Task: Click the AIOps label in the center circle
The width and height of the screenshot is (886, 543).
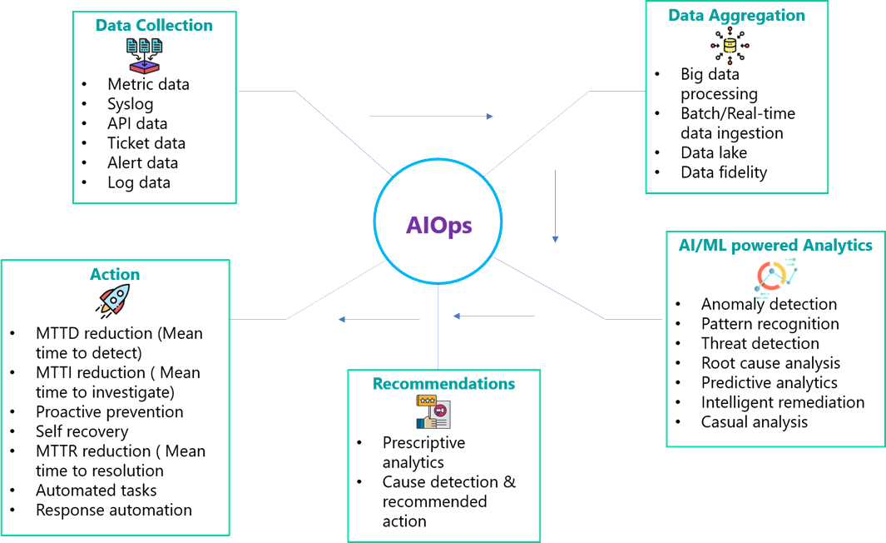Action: click(x=439, y=226)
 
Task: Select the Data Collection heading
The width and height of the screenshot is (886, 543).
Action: click(x=154, y=26)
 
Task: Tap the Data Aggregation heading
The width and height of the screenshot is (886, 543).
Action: click(x=736, y=16)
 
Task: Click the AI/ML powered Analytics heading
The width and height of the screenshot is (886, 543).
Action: click(x=775, y=245)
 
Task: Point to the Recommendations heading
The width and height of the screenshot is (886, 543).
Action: click(x=443, y=384)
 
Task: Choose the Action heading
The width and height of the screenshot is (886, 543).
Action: click(x=115, y=274)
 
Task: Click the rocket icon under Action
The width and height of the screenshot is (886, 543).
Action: click(x=114, y=300)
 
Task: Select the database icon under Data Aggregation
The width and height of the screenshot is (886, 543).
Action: click(x=730, y=46)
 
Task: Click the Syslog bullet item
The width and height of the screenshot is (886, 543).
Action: click(x=130, y=104)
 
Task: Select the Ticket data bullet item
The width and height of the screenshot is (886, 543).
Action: click(x=146, y=143)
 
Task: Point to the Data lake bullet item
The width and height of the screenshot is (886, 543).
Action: click(x=713, y=152)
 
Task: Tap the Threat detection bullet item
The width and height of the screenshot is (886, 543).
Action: click(x=760, y=343)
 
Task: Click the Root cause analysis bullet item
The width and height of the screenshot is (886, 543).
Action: click(x=770, y=363)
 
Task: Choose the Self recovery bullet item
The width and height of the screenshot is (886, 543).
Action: click(x=82, y=431)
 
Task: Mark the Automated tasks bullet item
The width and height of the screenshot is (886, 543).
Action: click(x=96, y=491)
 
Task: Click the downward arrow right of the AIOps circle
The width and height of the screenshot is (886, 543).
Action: click(x=555, y=207)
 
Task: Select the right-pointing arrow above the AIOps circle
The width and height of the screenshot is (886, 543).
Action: click(x=431, y=117)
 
